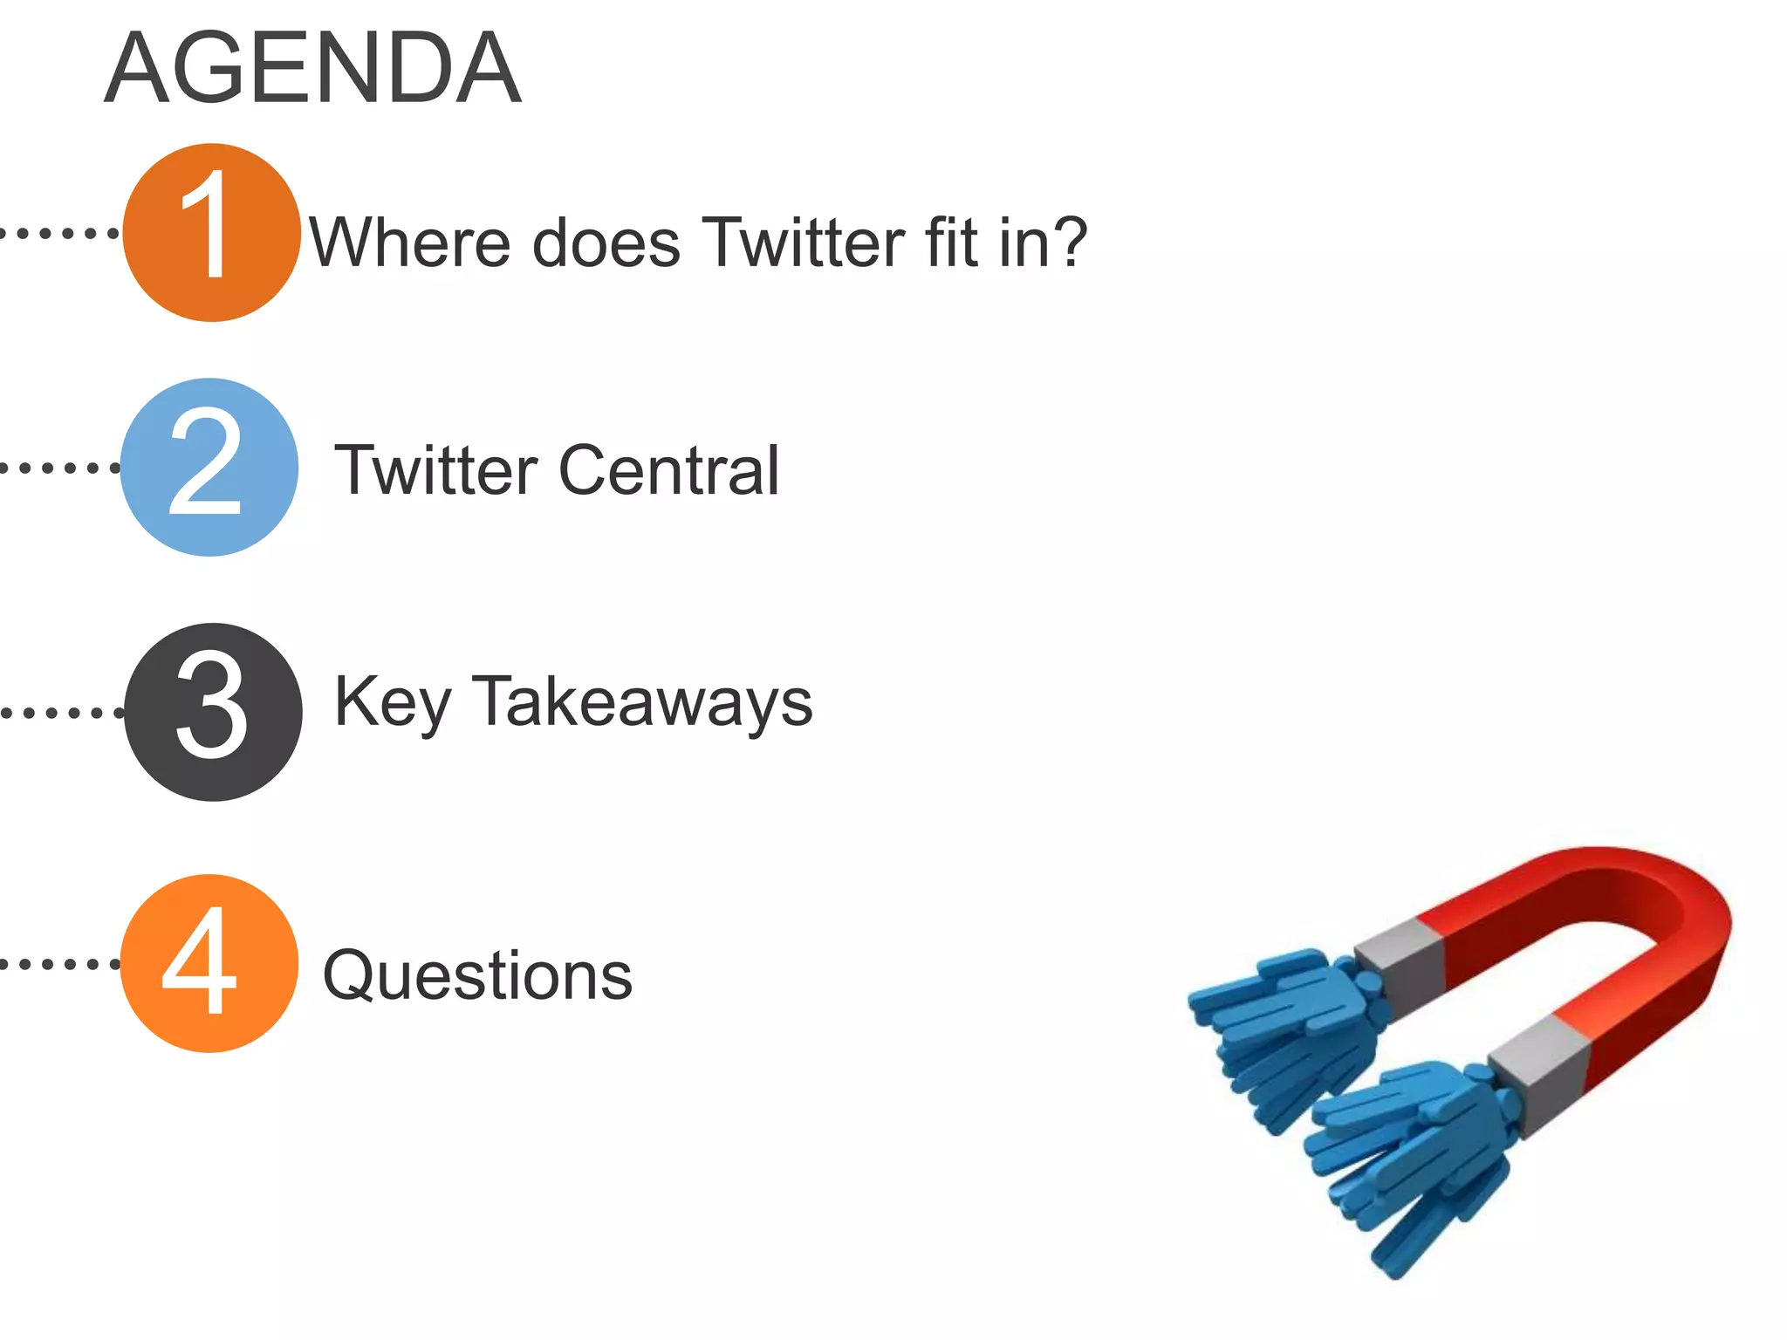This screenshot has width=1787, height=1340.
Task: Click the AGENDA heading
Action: pos(312,68)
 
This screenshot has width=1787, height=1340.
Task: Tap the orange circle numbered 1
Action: pos(211,232)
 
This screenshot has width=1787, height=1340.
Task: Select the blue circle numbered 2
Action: pos(209,467)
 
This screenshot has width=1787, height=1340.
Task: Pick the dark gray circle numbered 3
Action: pos(213,712)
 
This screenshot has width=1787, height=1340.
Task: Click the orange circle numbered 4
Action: pos(209,963)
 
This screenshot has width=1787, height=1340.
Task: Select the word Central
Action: pos(668,470)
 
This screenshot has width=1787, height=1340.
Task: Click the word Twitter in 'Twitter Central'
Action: pos(436,470)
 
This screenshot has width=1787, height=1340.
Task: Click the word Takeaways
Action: pos(642,703)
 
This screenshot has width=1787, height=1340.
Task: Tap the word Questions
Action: pos(477,976)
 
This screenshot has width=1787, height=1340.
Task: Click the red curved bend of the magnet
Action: pos(1658,907)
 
